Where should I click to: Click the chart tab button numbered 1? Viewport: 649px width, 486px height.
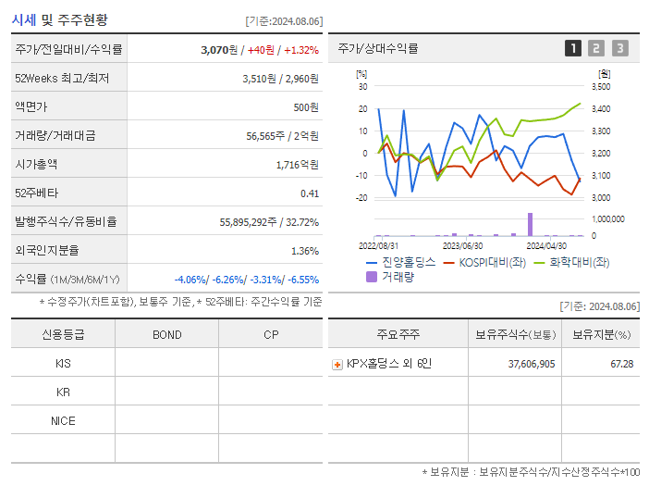(x=573, y=49)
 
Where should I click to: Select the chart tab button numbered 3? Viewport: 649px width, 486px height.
(x=619, y=49)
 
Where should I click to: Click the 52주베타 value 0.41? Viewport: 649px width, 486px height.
(x=309, y=193)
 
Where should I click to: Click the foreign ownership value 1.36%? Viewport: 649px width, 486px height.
(x=304, y=251)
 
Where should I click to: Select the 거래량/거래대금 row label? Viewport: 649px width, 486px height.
(x=55, y=136)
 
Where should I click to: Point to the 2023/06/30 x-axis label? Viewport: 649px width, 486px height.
(x=463, y=246)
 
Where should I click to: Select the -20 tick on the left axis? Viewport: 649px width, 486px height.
(x=361, y=198)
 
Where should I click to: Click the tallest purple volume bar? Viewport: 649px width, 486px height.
(x=530, y=224)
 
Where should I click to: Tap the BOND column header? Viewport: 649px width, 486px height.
(x=166, y=334)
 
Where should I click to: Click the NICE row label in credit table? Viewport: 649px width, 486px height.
(x=63, y=421)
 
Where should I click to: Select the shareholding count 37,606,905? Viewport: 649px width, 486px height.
(x=532, y=364)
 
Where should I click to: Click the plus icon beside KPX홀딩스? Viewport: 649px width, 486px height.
(x=337, y=365)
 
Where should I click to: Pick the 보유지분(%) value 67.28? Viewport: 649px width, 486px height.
(x=622, y=364)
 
